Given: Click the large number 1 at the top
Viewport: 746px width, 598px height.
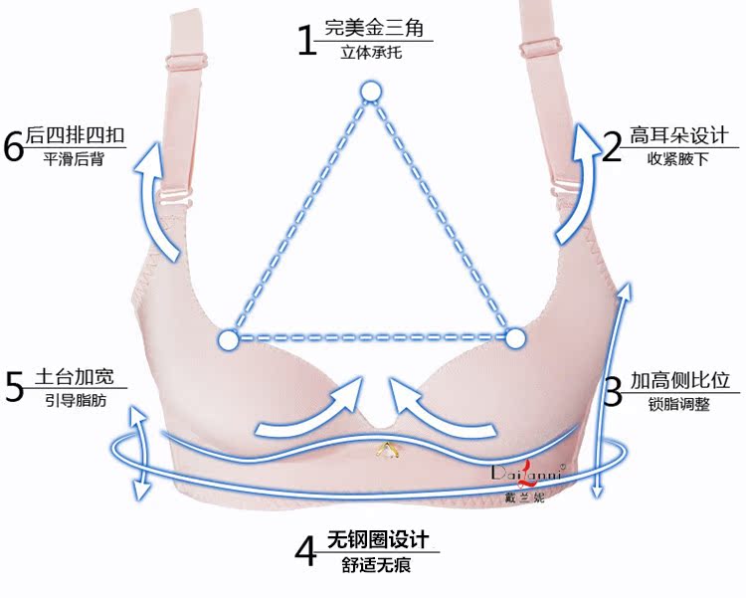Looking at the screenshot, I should tap(307, 39).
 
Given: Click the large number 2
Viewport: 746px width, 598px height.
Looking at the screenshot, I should tap(612, 146).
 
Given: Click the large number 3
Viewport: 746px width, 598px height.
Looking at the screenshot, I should tap(613, 390).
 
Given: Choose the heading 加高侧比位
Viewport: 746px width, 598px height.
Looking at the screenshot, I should tap(679, 380).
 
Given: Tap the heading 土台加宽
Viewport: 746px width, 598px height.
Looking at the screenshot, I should tap(75, 377).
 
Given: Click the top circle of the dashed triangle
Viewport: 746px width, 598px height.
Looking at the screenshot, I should tap(371, 94).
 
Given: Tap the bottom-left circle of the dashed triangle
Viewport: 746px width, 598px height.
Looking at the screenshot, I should tap(228, 340).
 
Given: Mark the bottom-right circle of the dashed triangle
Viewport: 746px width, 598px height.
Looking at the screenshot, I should tap(514, 339).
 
